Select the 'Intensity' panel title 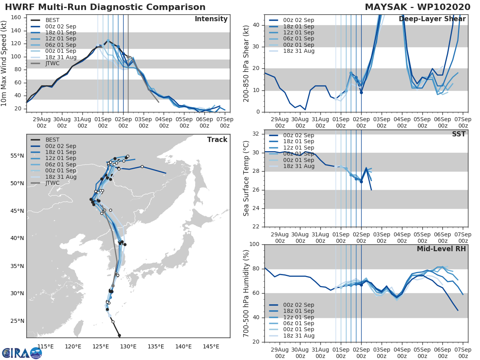(x=211, y=19)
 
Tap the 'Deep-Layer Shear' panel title (x=432, y=19)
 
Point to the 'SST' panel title (x=459, y=134)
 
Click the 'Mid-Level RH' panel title (x=441, y=249)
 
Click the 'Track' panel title (x=217, y=140)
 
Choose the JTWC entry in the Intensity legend (x=53, y=64)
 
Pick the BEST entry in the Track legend (x=53, y=140)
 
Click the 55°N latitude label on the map (x=17, y=156)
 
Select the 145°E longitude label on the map (x=211, y=346)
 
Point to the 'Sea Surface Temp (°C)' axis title (x=246, y=178)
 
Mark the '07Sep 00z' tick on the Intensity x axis (x=225, y=122)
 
